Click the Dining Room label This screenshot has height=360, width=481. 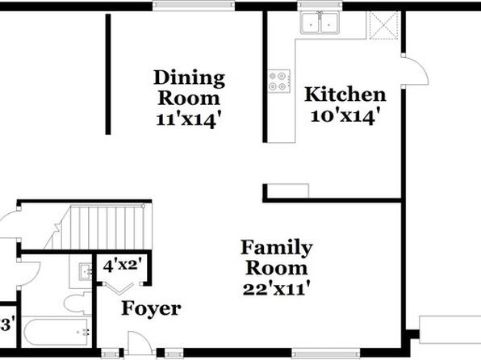point(190,88)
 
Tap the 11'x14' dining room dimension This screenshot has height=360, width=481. point(189,119)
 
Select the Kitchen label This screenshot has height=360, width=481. point(345,94)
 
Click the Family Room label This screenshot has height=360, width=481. point(276,257)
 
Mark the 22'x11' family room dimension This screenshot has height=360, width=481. point(276,289)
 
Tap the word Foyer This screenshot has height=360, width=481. point(151,309)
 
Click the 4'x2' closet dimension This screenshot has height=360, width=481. point(123,266)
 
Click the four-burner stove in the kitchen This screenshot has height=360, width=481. point(279,81)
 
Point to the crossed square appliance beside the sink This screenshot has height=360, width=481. point(383,25)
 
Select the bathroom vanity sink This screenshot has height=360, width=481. point(86,271)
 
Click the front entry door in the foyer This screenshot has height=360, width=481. point(140,343)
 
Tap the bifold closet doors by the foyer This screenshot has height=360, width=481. point(119,288)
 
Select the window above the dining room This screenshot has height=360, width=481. point(194,5)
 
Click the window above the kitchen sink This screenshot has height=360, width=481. point(320,5)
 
